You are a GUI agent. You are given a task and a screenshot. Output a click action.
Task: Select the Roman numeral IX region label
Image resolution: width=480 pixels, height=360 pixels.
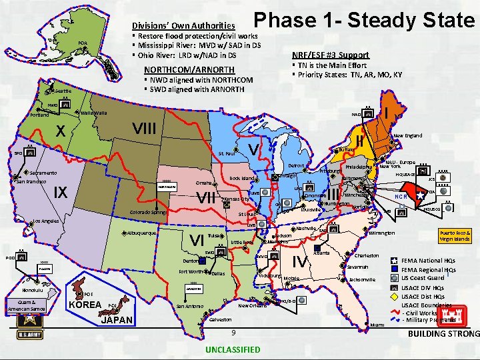[62, 193]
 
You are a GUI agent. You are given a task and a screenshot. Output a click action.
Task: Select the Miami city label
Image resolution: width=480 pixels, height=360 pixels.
[377, 324]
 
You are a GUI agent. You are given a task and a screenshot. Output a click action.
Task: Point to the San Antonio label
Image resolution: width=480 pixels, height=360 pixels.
[189, 306]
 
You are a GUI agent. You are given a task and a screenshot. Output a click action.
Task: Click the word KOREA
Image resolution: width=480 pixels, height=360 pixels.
[85, 305]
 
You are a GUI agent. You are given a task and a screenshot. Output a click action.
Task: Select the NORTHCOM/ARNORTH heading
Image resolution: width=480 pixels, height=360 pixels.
[189, 70]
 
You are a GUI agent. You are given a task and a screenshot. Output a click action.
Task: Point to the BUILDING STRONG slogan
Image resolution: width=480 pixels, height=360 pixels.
[443, 333]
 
